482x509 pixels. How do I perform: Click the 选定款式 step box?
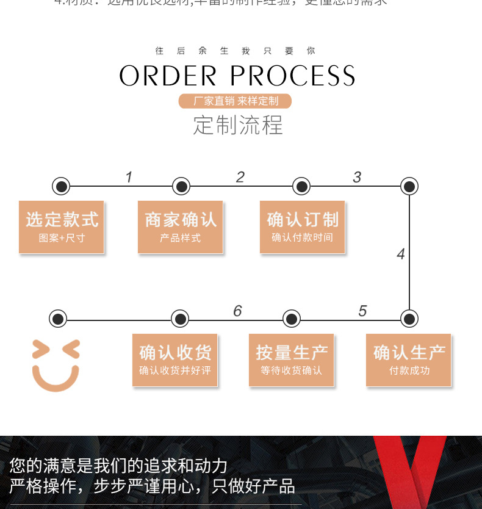tap(62, 227)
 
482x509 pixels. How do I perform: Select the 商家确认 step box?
tap(181, 227)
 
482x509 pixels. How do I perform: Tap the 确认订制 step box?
tap(302, 227)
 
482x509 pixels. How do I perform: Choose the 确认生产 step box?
tap(409, 360)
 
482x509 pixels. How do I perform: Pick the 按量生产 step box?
tap(292, 360)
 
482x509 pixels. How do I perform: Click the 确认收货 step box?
tap(175, 360)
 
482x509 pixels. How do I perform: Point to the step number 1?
tap(129, 178)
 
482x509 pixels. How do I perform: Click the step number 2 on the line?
tap(240, 178)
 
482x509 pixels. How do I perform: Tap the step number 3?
tap(357, 178)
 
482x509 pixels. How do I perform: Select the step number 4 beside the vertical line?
tap(400, 254)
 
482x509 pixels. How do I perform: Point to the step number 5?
tap(362, 311)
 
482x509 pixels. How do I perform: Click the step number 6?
tap(237, 311)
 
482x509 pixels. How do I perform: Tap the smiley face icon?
tap(56, 365)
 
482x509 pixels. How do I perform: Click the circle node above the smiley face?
tap(58, 319)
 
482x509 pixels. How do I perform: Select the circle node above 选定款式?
tap(61, 186)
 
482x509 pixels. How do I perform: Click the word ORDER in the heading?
tap(168, 76)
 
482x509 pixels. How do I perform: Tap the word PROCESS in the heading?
tap(293, 76)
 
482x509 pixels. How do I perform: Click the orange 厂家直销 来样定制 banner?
tap(236, 101)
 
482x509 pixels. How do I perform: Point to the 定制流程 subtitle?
tap(238, 125)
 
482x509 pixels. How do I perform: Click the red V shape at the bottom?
tap(409, 470)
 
